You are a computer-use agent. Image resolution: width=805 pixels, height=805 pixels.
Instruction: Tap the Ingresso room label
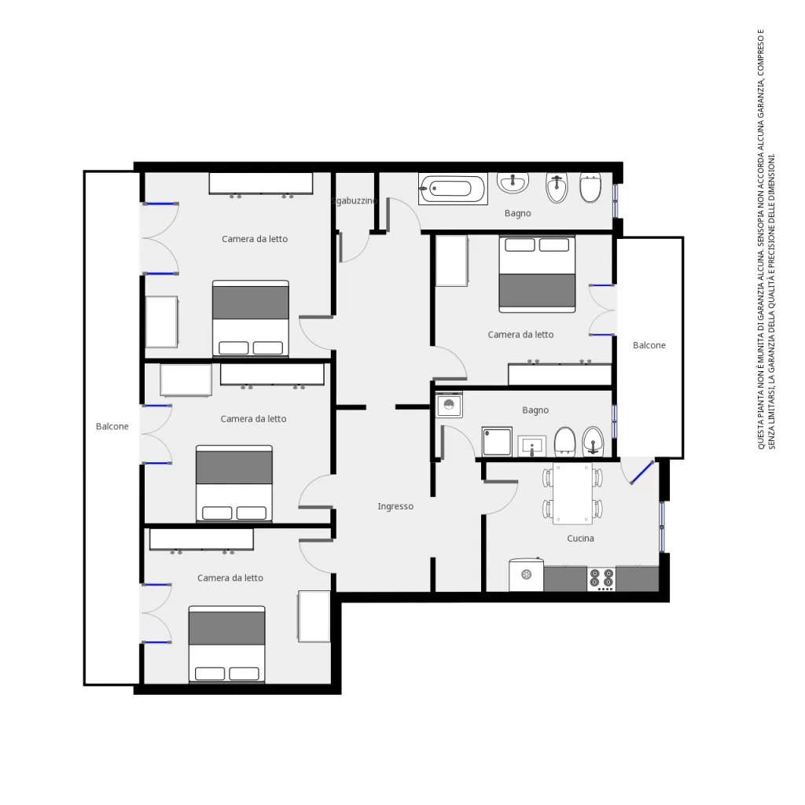coord(395,506)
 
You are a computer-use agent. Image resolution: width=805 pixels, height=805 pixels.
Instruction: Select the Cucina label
coord(580,539)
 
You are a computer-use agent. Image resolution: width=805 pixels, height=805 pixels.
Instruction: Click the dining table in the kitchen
coord(572,494)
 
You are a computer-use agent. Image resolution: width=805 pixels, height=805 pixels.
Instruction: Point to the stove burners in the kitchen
coord(602,579)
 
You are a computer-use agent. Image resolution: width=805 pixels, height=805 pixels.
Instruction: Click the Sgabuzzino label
coord(355,200)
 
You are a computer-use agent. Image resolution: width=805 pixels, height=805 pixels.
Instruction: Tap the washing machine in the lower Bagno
coord(450,405)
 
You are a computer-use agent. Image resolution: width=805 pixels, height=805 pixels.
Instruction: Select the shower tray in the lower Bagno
coord(497,442)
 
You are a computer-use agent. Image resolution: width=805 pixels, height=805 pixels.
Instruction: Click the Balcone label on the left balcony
coord(112,426)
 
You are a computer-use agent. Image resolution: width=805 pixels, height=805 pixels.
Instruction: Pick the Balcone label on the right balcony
coord(649,345)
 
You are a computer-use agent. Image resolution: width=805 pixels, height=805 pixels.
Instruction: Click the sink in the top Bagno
coord(513,184)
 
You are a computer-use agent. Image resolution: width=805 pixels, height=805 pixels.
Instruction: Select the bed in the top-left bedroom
coord(251,318)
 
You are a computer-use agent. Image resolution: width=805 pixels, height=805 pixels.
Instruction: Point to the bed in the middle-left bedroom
coord(234,483)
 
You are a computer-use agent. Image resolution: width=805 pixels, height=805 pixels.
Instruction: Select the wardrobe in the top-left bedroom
coord(261,183)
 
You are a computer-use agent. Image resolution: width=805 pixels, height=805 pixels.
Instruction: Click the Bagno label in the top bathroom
coord(518,213)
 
